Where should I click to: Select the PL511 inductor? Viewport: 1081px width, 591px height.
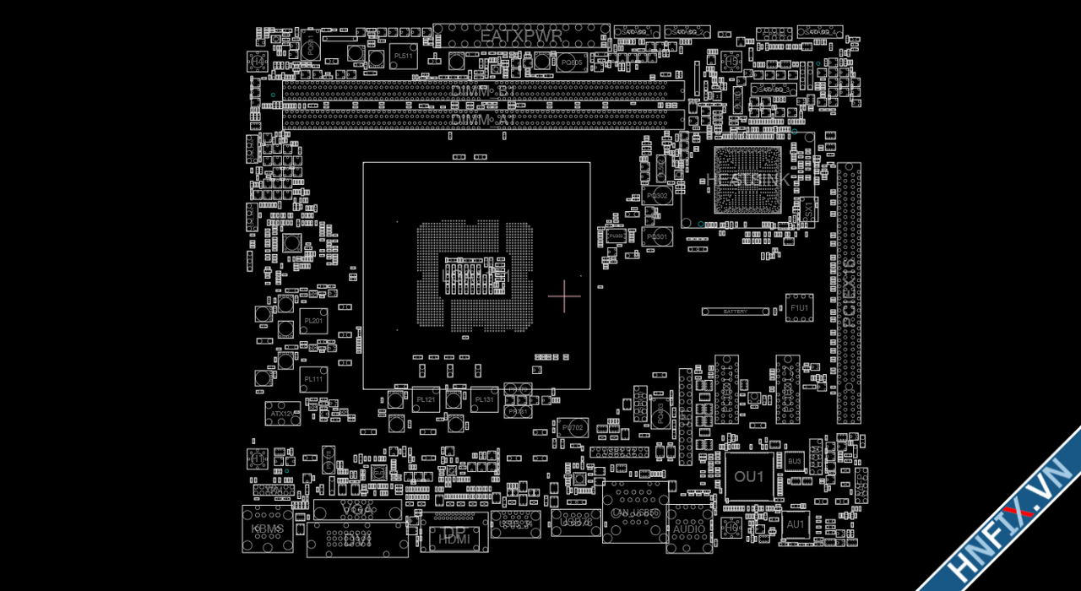click(404, 57)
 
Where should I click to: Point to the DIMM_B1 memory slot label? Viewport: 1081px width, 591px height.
click(483, 90)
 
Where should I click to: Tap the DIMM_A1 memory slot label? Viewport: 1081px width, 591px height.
click(483, 120)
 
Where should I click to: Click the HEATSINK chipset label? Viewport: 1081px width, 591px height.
click(748, 180)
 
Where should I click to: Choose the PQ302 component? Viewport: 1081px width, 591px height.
click(656, 196)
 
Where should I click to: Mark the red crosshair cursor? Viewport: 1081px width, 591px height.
click(564, 295)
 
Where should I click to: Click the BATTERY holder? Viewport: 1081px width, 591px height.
click(736, 312)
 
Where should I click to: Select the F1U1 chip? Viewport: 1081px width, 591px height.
click(799, 308)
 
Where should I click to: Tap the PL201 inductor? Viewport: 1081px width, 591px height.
click(313, 321)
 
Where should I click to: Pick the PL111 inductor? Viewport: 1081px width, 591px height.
click(313, 379)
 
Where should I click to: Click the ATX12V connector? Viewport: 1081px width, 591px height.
click(282, 414)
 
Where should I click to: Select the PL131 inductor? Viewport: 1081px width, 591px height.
click(484, 399)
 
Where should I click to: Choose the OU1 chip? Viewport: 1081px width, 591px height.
click(748, 477)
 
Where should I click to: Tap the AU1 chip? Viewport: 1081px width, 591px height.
click(795, 524)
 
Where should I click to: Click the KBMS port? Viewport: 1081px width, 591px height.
click(268, 529)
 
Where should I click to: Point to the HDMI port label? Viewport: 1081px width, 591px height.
click(455, 538)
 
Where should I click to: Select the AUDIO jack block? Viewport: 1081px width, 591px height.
click(688, 529)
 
